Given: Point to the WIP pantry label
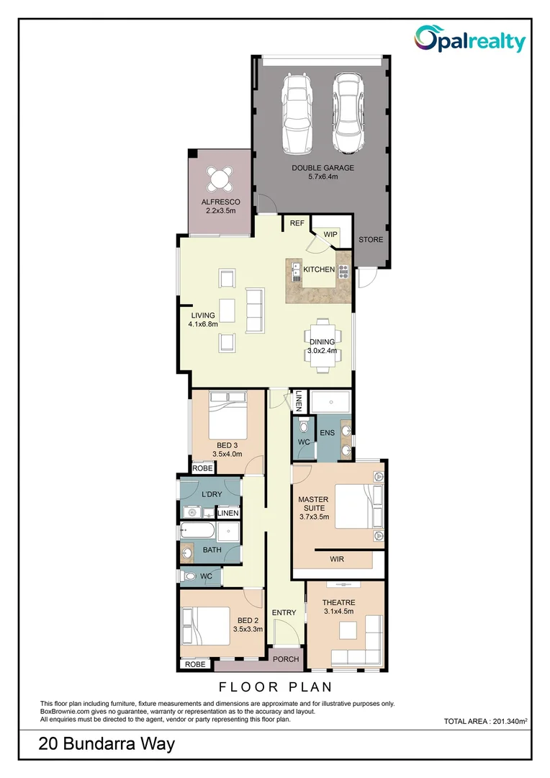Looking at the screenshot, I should pos(330,235).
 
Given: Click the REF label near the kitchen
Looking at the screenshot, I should pos(297,224).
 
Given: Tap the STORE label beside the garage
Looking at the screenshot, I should pos(371,239).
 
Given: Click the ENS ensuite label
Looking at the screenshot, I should pos(328,433).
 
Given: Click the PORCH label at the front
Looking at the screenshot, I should pos(285,659).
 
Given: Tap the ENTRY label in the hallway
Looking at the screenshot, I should pos(284,613).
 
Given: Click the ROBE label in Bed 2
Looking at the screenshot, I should pos(195,664).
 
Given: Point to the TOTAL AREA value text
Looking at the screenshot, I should pos(488,721).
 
